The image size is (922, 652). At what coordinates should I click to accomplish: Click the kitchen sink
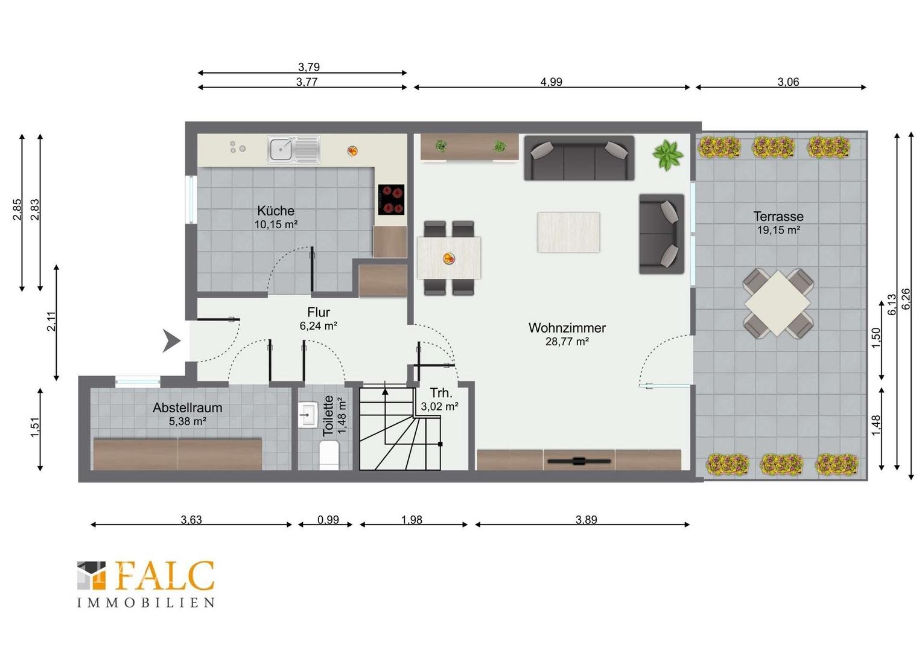coord(294,150)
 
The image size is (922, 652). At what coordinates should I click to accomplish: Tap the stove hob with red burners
coord(391,200)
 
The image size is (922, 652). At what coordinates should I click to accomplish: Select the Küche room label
coord(276,211)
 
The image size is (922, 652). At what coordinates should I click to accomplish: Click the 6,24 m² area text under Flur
coord(319,326)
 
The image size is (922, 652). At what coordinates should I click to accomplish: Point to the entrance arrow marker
coord(171,340)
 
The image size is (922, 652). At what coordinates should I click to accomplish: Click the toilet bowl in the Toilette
coord(329,455)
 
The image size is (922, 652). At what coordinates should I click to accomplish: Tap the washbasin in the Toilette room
coord(307,415)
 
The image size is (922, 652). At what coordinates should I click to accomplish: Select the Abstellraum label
coord(187,407)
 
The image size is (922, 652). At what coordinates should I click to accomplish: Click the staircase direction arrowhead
coord(385,391)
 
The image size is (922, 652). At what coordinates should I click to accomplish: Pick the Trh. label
coord(441,393)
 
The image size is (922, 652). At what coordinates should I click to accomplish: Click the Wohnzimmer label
coord(567,328)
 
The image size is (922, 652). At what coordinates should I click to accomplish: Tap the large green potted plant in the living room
coord(667,155)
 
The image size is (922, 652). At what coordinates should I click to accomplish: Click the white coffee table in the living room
coord(568,232)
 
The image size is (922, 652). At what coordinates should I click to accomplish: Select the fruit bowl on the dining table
coord(449,258)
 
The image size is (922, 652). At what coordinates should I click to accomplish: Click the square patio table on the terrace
coord(778,302)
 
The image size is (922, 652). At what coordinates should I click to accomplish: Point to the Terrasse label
coord(778,216)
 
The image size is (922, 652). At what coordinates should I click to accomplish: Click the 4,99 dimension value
coord(551,81)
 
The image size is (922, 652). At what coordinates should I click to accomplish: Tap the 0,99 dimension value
coord(328,520)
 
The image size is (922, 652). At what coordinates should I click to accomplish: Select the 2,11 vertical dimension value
coord(51,321)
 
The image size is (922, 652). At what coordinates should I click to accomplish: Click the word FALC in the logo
coord(165,575)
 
